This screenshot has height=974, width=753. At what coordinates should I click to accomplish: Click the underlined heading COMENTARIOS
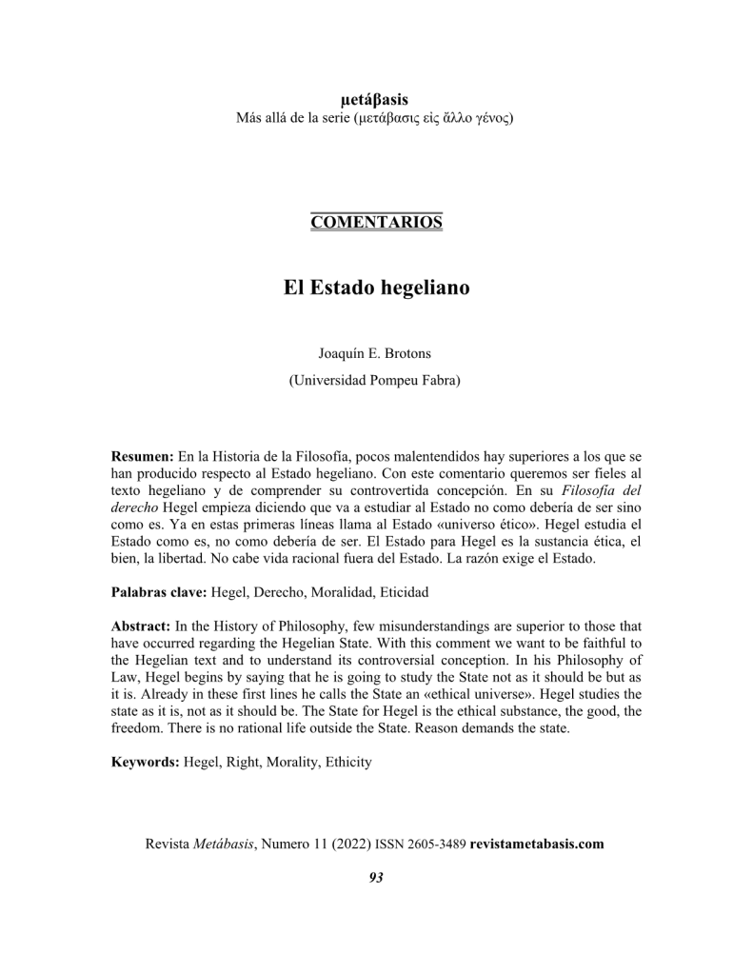pos(376,223)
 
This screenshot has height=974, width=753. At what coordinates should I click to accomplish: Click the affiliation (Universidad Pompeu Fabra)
pos(375,381)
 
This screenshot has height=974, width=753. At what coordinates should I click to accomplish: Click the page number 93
pos(376,877)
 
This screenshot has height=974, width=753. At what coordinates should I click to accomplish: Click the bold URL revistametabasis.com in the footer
pos(537,844)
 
